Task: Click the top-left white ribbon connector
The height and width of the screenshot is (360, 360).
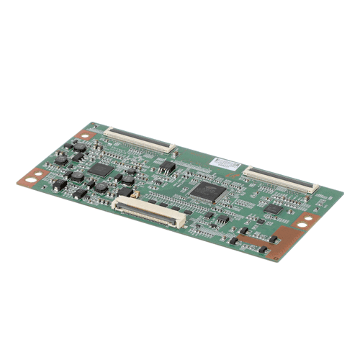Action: point(140,139)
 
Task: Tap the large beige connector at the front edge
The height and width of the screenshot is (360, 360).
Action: point(149,212)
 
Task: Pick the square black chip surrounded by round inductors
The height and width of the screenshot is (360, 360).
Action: point(103,171)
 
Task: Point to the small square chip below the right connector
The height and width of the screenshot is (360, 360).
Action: point(272,209)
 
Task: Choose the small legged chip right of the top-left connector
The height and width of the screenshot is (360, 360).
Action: point(166,167)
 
